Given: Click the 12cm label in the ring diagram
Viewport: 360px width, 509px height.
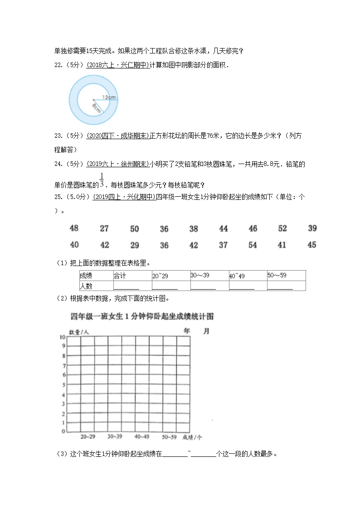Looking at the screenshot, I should click(x=109, y=97).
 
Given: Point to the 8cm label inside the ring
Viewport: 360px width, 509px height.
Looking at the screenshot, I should click(x=97, y=107).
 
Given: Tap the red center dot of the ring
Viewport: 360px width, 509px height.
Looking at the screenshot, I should click(x=93, y=100).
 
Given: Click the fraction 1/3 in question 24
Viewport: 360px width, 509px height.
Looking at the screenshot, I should click(x=102, y=180).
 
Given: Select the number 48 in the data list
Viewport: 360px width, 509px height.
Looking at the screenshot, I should click(x=74, y=228).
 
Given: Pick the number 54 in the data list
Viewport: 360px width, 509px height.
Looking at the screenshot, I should click(x=253, y=245).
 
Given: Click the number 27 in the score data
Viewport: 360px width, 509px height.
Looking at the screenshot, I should click(x=104, y=228).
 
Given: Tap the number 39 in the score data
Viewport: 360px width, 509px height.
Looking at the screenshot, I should click(x=312, y=228).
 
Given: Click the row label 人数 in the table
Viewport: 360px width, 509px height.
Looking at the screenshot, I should click(x=86, y=286).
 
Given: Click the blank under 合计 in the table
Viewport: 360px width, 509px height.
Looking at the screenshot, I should click(x=126, y=286).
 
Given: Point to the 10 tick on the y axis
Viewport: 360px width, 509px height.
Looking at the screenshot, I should click(x=62, y=337).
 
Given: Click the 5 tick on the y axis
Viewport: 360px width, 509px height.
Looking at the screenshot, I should click(x=64, y=384).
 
